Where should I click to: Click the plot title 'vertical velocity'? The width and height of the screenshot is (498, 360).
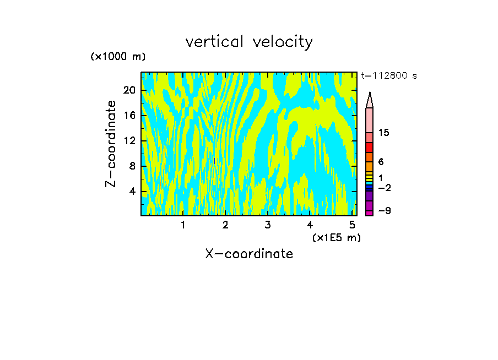coord(249,42)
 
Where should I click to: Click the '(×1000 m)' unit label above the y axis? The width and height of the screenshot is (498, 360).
coord(117,57)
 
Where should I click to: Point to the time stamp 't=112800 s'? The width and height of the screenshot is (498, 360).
coord(388,76)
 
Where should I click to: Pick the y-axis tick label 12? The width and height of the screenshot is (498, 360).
coord(129,140)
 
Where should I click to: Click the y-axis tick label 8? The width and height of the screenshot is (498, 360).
coord(132,166)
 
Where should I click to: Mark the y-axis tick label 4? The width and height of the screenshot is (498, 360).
coord(132,191)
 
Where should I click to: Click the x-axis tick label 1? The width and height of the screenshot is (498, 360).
coord(183,225)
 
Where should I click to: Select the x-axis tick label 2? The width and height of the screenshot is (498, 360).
coord(225,225)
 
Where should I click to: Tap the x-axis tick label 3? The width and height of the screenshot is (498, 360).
coord(267,225)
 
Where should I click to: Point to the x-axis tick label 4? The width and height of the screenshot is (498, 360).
coord(310,225)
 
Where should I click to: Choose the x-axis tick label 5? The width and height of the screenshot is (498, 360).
coord(351,225)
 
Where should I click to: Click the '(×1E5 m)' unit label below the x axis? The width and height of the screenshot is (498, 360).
coord(337,237)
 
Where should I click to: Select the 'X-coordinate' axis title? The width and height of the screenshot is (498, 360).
coord(249,254)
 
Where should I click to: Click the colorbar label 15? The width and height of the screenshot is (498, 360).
coord(384,133)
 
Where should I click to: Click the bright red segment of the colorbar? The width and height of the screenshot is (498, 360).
coord(370,148)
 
